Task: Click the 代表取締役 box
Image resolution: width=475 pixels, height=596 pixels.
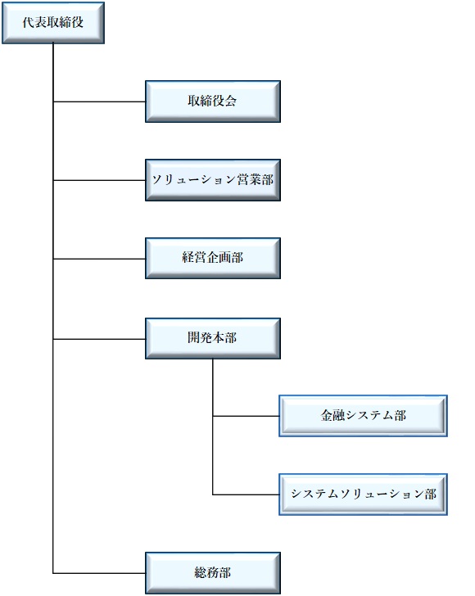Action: point(53,23)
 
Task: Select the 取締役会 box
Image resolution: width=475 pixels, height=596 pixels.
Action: point(213,102)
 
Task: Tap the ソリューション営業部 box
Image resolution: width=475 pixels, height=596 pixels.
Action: point(213,180)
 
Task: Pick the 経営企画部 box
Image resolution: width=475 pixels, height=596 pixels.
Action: point(213,259)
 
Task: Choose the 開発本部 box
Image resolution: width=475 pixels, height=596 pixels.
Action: point(213,339)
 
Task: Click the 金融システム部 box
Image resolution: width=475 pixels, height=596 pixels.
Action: point(363,416)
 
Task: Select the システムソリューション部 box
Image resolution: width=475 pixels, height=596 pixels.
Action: point(363,494)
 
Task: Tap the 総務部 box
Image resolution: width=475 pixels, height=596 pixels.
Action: point(213,573)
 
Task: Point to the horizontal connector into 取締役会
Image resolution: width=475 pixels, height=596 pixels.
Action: point(99,102)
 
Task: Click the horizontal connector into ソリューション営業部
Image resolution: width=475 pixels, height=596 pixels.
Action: point(99,180)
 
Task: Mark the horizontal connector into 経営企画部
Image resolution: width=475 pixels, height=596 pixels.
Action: point(99,259)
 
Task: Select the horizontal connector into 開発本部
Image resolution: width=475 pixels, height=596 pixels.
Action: point(99,339)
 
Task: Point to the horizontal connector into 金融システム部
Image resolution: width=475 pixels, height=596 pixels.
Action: point(246,416)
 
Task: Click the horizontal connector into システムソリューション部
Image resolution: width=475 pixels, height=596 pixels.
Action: point(246,494)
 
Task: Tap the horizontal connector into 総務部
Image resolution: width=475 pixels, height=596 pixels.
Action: point(99,573)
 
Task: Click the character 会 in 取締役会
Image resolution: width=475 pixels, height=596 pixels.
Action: point(230,102)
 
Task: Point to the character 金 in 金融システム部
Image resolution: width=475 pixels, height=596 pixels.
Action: point(327,415)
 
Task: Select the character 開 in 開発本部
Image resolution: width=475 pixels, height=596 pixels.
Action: point(194,337)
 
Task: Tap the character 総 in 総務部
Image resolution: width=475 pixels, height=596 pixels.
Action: point(201,572)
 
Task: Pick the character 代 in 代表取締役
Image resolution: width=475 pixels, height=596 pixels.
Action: point(29,22)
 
